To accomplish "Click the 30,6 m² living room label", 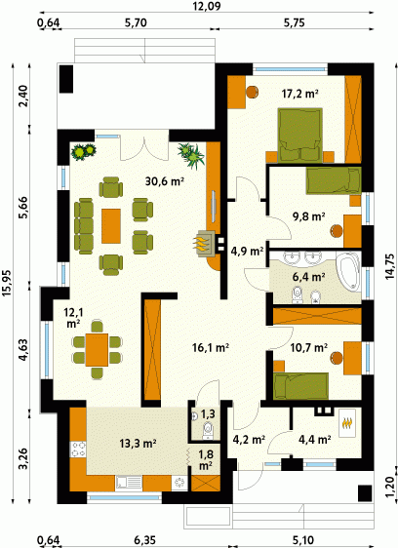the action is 165,181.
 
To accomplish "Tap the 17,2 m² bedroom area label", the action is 299,94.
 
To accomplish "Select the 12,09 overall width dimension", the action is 207,6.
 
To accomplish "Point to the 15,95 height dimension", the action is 8,283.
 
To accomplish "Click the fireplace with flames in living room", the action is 206,244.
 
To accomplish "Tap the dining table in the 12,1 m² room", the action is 97,349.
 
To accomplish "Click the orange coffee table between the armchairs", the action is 111,226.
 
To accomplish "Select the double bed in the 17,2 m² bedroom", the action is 299,136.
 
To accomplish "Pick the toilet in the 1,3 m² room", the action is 208,430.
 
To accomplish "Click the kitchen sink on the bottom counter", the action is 129,483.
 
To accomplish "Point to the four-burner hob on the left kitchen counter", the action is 78,450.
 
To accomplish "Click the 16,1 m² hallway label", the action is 211,347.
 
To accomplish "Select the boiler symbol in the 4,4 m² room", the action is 347,422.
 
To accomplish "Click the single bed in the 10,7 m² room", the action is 300,386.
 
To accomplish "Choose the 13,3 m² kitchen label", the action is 138,444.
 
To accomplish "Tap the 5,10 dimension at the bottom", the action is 302,540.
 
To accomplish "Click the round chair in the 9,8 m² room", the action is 337,231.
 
